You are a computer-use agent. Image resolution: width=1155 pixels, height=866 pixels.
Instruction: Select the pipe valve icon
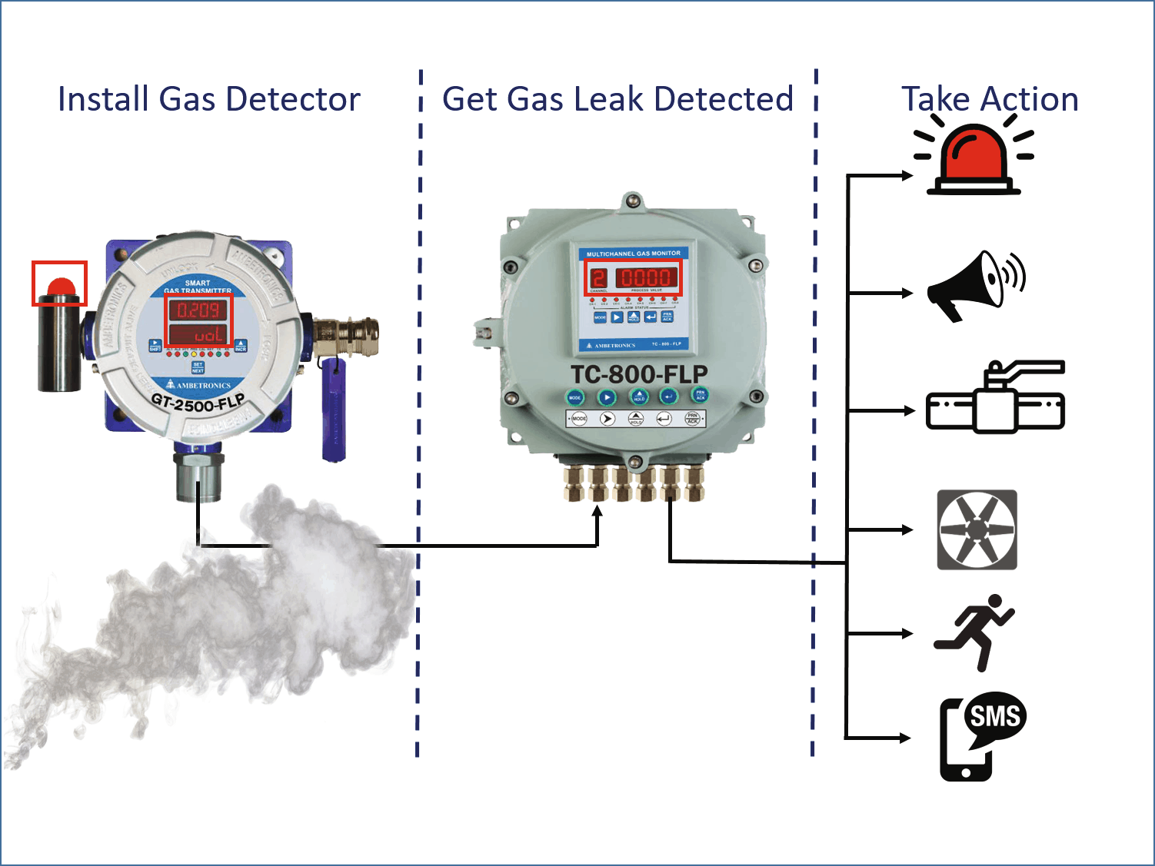point(996,399)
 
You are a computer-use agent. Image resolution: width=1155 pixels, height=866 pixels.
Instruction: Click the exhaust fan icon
point(977,529)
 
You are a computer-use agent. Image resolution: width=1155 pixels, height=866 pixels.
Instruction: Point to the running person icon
point(975,632)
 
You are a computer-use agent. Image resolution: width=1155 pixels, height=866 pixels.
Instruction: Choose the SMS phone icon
point(981,736)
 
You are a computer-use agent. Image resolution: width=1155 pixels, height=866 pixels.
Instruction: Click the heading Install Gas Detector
point(209,99)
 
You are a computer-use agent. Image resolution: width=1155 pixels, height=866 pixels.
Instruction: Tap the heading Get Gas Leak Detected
point(617,99)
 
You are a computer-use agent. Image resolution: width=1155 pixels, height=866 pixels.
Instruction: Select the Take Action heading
point(990,99)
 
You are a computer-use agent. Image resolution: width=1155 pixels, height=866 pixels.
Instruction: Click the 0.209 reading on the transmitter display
point(198,310)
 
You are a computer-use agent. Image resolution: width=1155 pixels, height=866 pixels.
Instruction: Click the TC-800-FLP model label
point(639,374)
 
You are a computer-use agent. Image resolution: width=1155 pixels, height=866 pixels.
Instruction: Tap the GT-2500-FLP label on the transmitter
point(198,401)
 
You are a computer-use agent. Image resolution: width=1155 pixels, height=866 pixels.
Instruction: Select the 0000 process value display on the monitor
point(646,277)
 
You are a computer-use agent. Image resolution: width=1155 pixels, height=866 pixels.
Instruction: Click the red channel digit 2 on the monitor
point(598,277)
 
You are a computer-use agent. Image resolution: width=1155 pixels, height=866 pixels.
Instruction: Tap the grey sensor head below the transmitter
point(198,476)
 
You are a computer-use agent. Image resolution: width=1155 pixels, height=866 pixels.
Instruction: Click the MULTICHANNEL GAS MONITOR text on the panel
point(633,253)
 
